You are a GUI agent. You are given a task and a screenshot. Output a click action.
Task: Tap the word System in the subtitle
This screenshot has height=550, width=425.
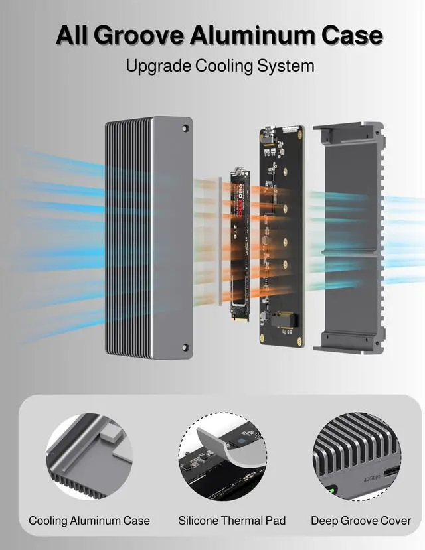click(x=286, y=66)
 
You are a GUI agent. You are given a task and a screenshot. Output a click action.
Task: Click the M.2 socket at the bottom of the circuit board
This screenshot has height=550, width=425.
click(x=281, y=320)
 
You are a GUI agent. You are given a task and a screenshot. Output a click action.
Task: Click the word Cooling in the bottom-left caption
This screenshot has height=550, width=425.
click(x=49, y=521)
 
